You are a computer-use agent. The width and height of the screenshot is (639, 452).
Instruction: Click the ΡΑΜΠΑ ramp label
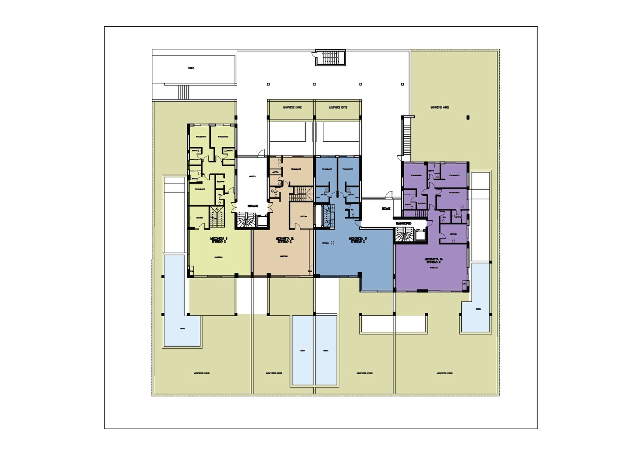191,68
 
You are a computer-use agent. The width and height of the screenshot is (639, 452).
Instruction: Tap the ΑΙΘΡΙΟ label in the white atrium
252,176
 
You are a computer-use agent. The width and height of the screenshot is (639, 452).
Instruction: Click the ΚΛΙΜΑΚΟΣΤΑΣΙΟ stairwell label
403,223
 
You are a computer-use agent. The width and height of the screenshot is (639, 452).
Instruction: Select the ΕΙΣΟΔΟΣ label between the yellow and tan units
252,206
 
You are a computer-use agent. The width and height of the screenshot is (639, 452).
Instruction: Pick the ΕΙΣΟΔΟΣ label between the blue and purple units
385,208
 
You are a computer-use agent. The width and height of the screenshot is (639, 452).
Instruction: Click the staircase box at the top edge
330,58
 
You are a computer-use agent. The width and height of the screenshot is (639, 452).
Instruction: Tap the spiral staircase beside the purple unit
405,235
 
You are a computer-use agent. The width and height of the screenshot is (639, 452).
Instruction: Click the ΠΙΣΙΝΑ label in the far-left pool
182,329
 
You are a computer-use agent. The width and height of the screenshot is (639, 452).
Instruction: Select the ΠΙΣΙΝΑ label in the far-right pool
478,309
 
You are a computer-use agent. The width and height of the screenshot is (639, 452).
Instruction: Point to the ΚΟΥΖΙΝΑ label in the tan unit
304,216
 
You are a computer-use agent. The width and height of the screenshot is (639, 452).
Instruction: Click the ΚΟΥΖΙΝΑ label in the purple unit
453,234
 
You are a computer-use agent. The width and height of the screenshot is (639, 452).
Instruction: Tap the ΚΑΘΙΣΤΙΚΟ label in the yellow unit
218,257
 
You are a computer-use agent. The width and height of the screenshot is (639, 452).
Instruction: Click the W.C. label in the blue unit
352,210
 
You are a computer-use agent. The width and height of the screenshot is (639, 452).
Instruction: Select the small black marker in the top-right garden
468,117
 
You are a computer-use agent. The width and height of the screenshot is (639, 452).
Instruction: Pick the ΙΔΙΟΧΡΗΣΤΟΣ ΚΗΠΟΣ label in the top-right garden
440,108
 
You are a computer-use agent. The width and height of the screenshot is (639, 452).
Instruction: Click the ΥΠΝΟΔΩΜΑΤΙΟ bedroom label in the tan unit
296,169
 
